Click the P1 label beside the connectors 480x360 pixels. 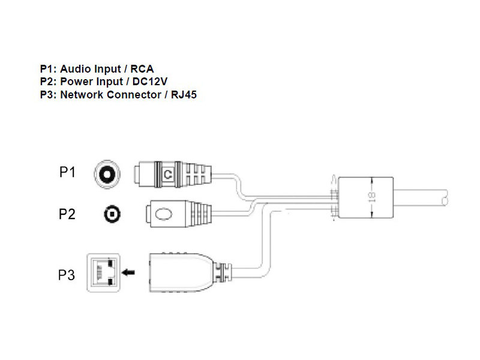[67, 173]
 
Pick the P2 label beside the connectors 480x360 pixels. [67, 214]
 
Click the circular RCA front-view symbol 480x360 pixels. [107, 174]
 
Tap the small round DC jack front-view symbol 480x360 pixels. [110, 214]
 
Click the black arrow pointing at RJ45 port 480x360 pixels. [128, 274]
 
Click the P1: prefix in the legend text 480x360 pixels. [47, 70]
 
